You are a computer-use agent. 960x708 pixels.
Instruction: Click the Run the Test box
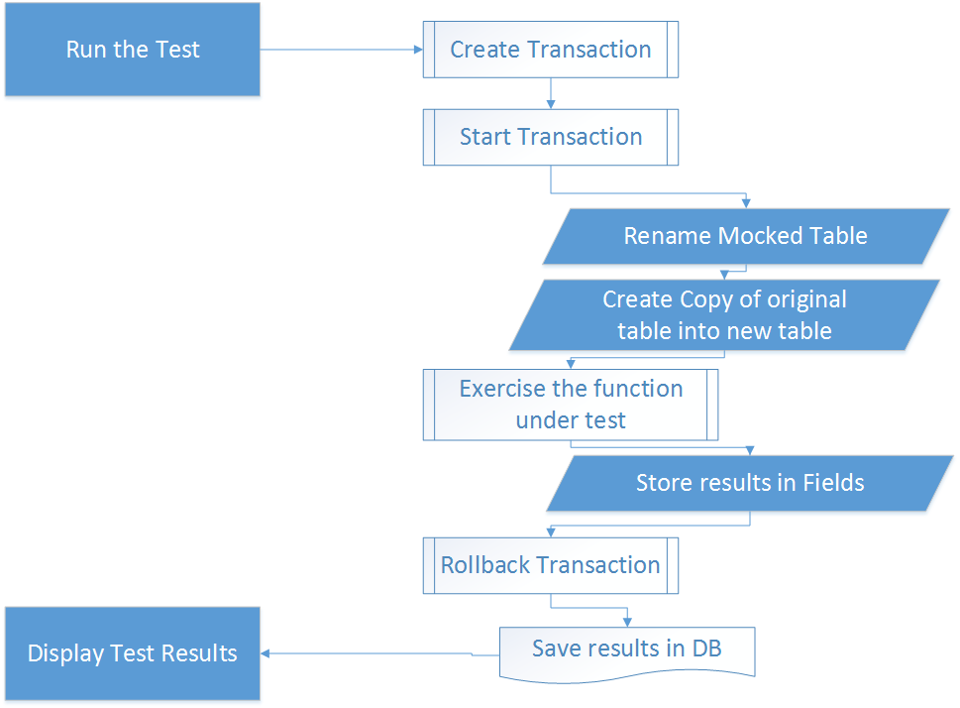point(133,49)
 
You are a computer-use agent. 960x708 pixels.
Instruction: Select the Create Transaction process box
point(551,50)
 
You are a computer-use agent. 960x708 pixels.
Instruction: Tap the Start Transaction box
point(551,137)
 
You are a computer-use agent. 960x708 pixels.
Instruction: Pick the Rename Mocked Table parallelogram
point(746,237)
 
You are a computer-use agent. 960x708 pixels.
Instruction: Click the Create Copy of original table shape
point(724,315)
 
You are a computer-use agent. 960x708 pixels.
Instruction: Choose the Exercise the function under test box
point(571,405)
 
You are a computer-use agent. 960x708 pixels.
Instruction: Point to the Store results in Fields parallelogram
point(750,483)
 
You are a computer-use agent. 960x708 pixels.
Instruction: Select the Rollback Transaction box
point(551,565)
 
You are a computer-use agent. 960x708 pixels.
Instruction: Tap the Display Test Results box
point(133,653)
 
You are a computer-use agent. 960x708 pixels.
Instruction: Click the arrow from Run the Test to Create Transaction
point(342,50)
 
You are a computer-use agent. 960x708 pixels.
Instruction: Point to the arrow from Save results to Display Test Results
point(380,654)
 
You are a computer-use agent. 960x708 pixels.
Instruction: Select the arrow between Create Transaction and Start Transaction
point(551,93)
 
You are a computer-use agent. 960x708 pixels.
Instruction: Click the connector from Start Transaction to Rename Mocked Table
point(648,193)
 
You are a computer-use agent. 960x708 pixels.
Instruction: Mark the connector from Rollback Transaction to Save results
point(589,608)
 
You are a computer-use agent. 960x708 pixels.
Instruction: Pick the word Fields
point(833,483)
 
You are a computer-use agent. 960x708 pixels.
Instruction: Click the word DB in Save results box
point(706,648)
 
